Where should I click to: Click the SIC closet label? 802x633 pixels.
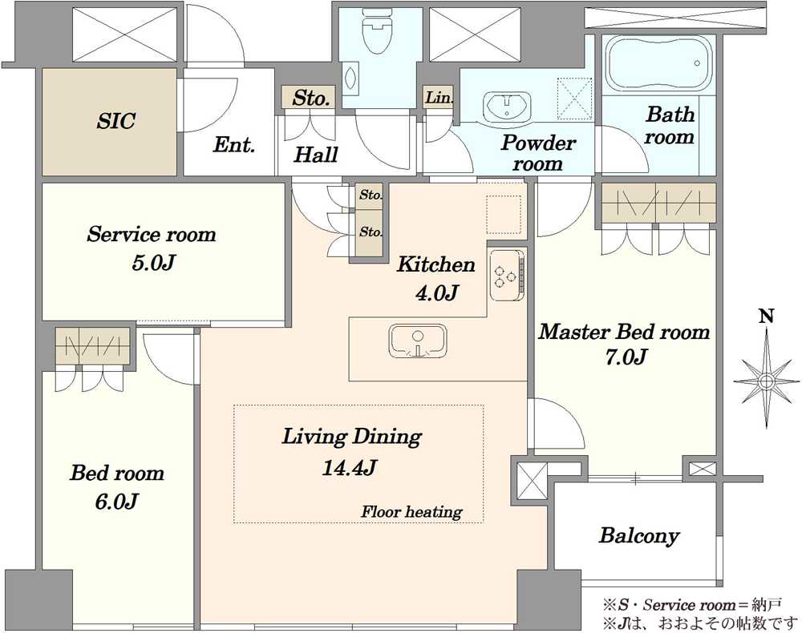pos(116,121)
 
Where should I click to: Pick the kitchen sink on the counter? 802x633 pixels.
pos(419,341)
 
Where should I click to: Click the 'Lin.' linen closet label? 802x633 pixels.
pos(439,97)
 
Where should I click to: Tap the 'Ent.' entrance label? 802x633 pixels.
pos(233,145)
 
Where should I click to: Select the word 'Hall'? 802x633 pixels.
pos(315,155)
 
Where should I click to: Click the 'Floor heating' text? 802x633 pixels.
pos(411,511)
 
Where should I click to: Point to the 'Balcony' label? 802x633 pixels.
pos(639,535)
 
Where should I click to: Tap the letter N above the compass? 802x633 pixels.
pos(766,316)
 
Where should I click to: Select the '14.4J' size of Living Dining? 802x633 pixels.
pos(350,467)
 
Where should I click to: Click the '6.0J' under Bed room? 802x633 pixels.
pos(116,502)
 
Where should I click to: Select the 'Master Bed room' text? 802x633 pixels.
pos(624,332)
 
